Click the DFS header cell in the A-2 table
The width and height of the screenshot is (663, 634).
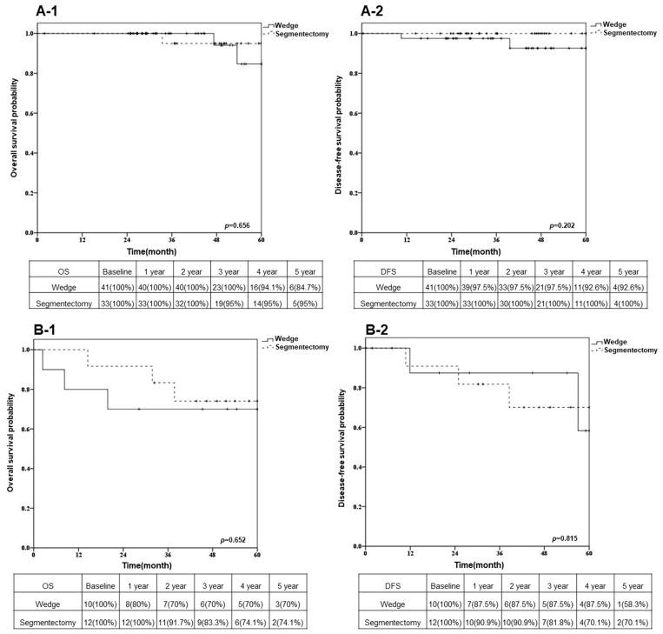pyautogui.click(x=388, y=271)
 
